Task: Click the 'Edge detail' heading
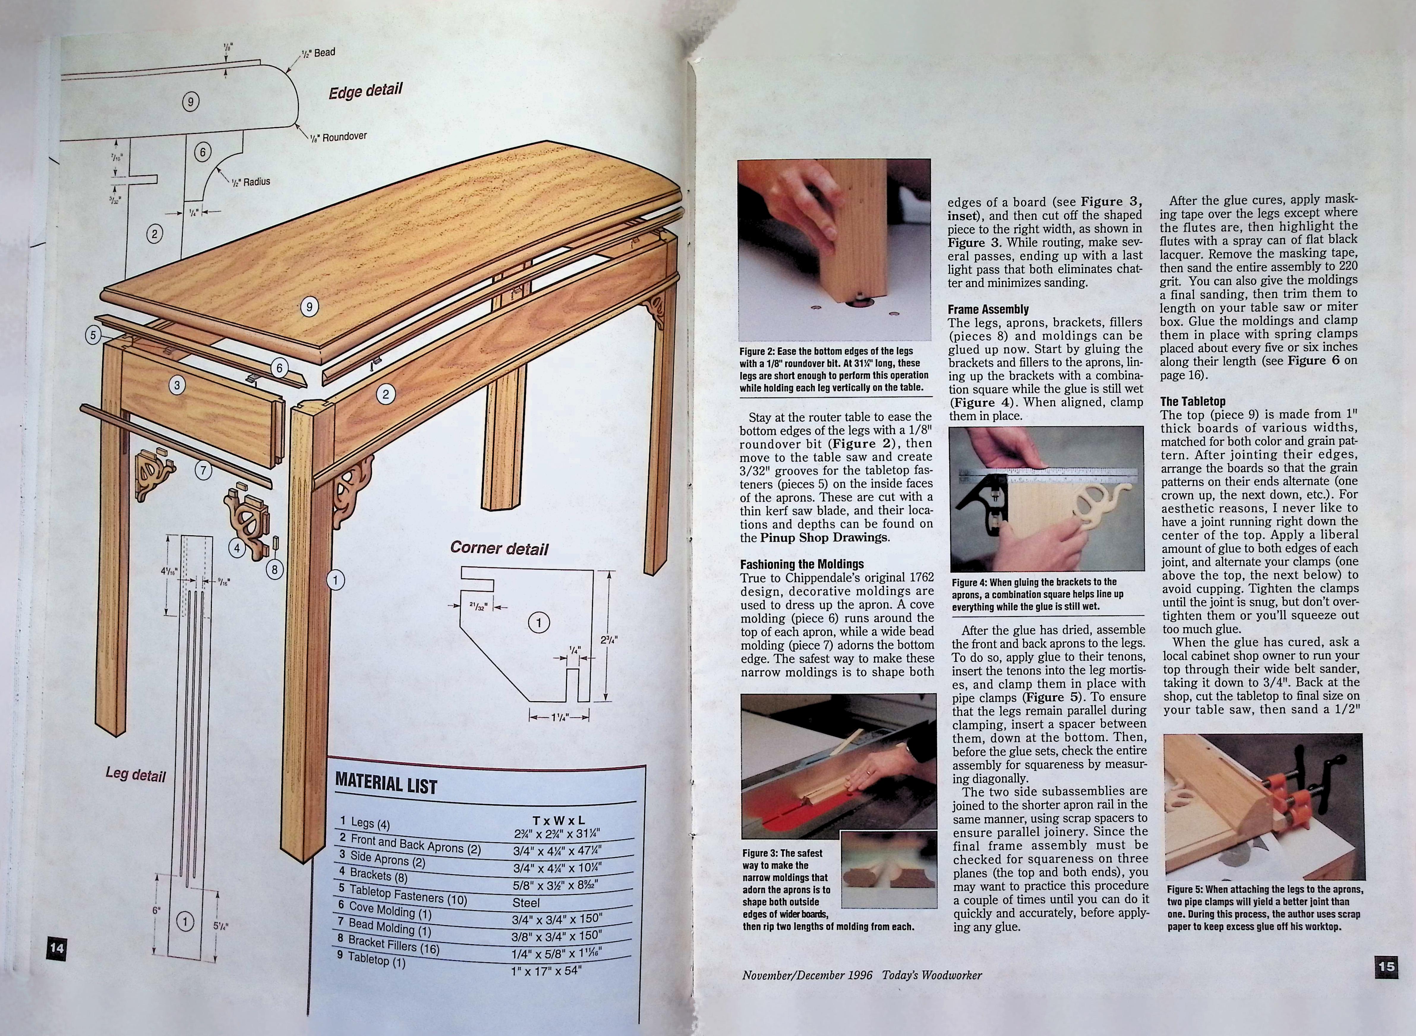(x=365, y=91)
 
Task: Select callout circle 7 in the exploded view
(x=203, y=470)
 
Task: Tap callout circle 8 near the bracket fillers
(x=274, y=569)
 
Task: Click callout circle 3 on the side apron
(x=177, y=385)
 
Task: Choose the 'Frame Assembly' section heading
(x=988, y=309)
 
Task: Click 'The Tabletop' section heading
(x=1192, y=401)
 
